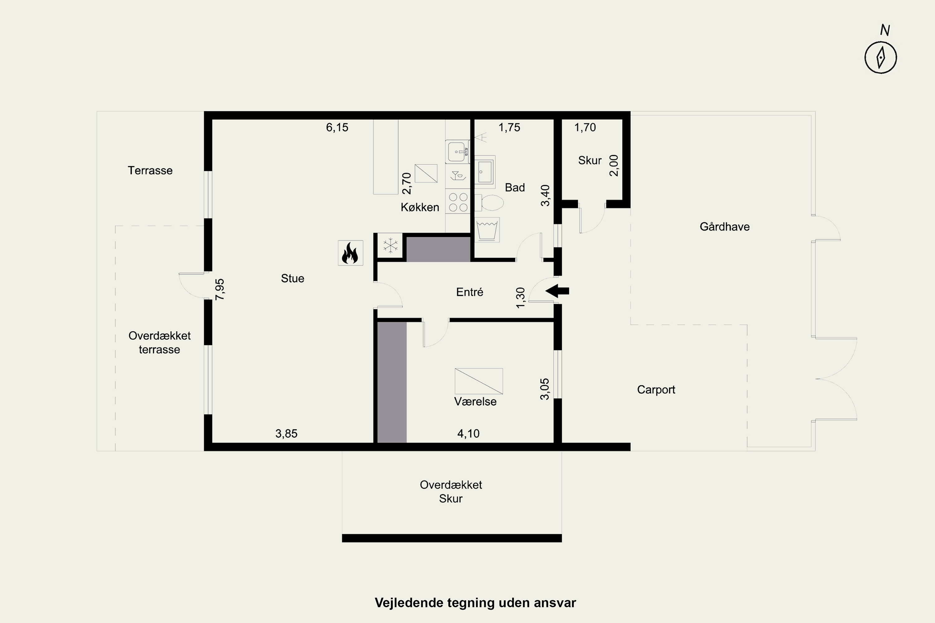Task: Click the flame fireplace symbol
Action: click(350, 253)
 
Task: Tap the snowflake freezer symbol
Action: click(391, 245)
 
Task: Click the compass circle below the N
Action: click(880, 58)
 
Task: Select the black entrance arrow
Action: click(557, 291)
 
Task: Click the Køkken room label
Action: click(420, 207)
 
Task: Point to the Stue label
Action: click(293, 278)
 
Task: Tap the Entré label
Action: click(469, 292)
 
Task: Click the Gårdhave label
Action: click(725, 226)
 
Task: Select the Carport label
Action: click(656, 390)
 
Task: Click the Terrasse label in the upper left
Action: click(150, 170)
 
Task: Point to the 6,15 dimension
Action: click(337, 127)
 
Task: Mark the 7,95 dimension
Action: click(220, 289)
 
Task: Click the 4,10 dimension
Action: click(468, 434)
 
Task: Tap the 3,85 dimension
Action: click(286, 434)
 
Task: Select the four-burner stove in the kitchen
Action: click(458, 202)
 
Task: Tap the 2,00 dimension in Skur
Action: click(614, 165)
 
